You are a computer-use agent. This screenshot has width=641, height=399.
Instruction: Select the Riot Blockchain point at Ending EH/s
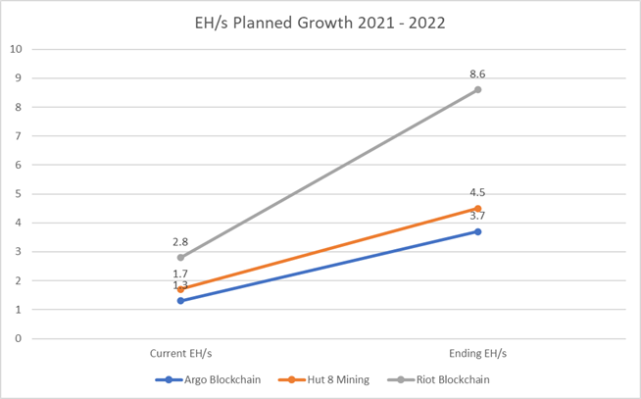coord(477,89)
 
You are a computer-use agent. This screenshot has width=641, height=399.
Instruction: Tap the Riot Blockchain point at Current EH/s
coord(180,258)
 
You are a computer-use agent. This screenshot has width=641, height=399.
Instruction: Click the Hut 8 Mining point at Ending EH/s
coord(477,208)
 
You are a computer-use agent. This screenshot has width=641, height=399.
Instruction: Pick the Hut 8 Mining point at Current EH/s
coord(180,289)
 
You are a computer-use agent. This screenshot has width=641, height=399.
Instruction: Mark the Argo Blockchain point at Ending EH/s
coord(477,231)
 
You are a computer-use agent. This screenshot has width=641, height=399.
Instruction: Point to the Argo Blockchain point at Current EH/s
coord(180,301)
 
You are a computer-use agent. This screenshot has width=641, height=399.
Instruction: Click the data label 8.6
coord(477,74)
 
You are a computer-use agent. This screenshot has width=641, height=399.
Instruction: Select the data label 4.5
coord(477,193)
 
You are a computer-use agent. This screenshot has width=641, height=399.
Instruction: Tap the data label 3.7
coord(477,217)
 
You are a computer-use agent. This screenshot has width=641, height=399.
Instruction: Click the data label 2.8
coord(180,242)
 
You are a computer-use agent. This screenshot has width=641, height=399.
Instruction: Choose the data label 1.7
coord(180,274)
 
